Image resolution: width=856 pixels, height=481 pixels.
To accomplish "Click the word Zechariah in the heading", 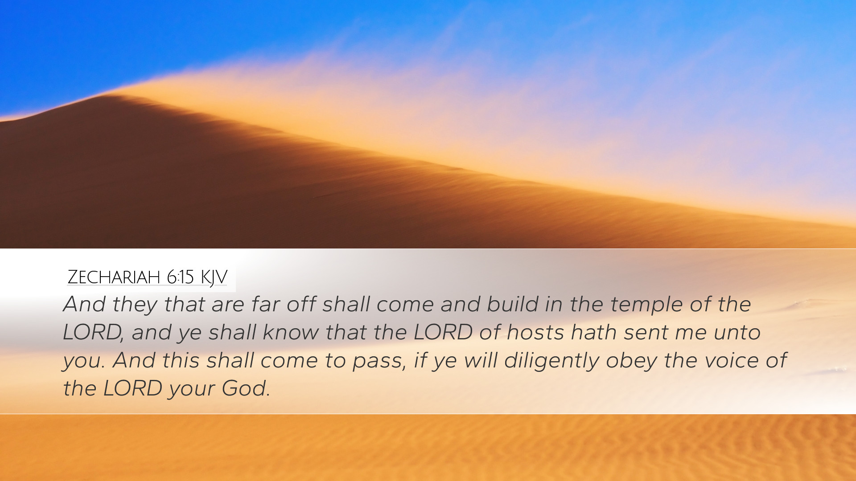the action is pyautogui.click(x=113, y=277).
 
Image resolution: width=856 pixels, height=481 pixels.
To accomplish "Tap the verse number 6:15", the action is pyautogui.click(x=180, y=277).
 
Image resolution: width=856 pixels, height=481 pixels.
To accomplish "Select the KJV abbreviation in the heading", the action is pyautogui.click(x=214, y=277).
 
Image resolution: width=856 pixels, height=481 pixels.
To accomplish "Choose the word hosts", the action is pyautogui.click(x=535, y=332).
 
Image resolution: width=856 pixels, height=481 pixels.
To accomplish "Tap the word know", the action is pyautogui.click(x=291, y=332).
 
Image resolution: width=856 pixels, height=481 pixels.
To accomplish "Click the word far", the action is pyautogui.click(x=266, y=304).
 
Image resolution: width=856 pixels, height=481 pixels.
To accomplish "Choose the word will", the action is pyautogui.click(x=481, y=360).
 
